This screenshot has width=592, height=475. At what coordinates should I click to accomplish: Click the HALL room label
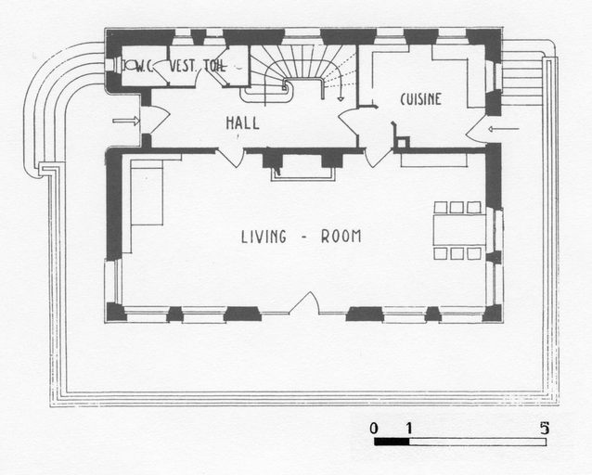pos(242,123)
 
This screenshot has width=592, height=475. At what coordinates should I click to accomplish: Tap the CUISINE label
pos(420,99)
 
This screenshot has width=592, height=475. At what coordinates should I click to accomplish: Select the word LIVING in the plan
pos(264,237)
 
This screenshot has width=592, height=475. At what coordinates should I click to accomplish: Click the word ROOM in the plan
pos(341,237)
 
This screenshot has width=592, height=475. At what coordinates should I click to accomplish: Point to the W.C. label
pos(145,67)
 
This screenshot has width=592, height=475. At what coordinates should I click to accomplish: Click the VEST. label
pos(184,66)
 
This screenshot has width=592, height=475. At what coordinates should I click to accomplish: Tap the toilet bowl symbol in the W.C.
pos(128,66)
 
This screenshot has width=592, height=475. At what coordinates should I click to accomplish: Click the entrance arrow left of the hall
pos(126,121)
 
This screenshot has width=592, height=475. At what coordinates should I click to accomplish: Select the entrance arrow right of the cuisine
pos(504,130)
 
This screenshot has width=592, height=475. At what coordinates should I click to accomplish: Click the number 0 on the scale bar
pos(373,429)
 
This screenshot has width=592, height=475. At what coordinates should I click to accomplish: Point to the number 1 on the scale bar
pos(409,429)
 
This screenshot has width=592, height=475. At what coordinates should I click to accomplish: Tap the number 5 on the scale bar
pos(544,429)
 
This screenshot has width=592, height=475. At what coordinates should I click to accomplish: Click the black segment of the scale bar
pos(392,442)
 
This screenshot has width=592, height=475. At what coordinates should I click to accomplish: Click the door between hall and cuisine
pos(349,121)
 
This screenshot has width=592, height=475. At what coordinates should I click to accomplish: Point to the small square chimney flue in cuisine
pos(402,142)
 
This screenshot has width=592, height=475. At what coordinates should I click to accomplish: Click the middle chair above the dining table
pos(457,207)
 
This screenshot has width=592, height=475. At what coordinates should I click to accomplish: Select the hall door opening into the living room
pos(231,159)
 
